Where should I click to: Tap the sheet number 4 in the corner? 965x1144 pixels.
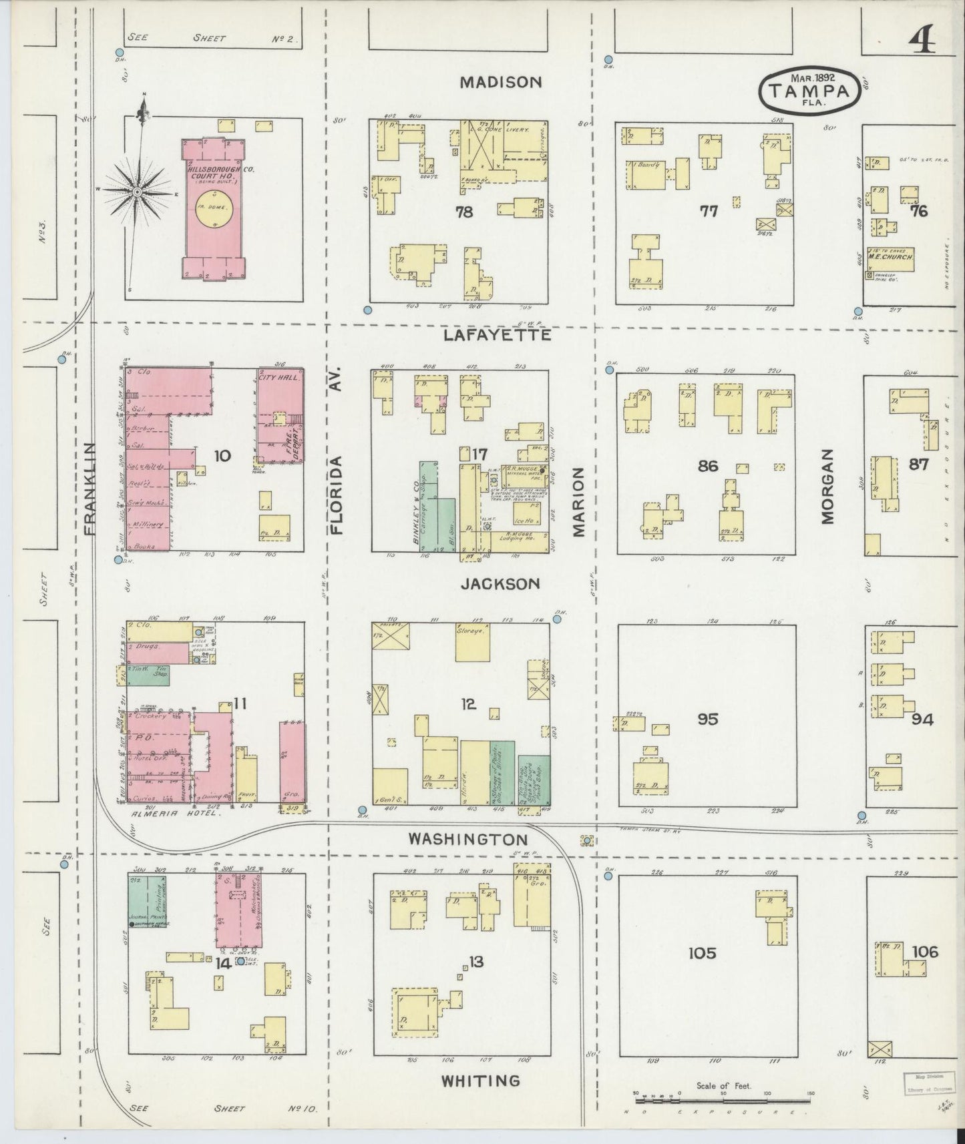click(x=921, y=42)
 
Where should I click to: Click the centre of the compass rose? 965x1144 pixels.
click(x=137, y=192)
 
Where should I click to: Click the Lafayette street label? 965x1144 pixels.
click(x=498, y=335)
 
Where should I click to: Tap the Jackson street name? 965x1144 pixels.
click(x=500, y=584)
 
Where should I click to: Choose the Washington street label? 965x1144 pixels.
click(x=469, y=839)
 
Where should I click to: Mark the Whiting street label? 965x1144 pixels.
click(x=481, y=1081)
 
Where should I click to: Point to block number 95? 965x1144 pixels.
click(x=707, y=719)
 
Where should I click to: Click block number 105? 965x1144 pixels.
click(x=703, y=952)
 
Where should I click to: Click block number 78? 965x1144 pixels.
click(x=464, y=212)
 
